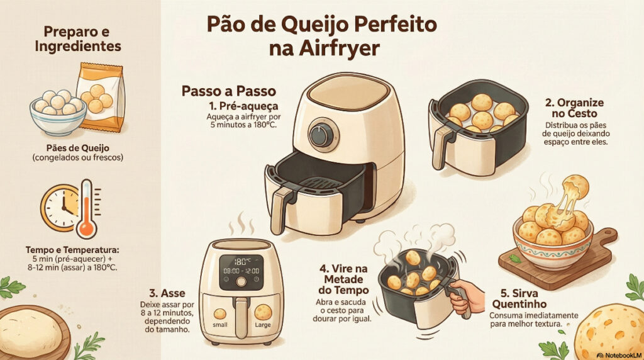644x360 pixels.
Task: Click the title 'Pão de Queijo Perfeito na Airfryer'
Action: click(321, 36)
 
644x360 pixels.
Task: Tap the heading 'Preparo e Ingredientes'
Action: click(78, 39)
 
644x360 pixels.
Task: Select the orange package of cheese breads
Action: click(100, 97)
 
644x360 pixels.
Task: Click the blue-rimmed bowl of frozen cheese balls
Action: click(58, 113)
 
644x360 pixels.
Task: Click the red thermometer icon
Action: click(87, 209)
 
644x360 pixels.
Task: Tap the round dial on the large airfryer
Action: click(321, 135)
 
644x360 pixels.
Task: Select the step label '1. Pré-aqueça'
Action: click(243, 106)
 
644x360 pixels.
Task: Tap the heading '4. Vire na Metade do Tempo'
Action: click(343, 279)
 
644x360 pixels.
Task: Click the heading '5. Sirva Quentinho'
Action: click(519, 299)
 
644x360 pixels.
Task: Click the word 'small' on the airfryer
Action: click(220, 325)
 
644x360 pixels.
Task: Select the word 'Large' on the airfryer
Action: click(263, 325)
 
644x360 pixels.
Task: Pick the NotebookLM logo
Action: click(619, 355)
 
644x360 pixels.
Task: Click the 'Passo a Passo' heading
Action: click(229, 91)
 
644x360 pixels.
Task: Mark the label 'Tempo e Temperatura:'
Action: click(75, 250)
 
